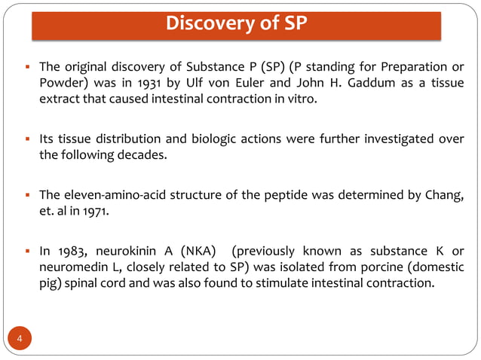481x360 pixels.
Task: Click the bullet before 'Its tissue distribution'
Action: pyautogui.click(x=27, y=139)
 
